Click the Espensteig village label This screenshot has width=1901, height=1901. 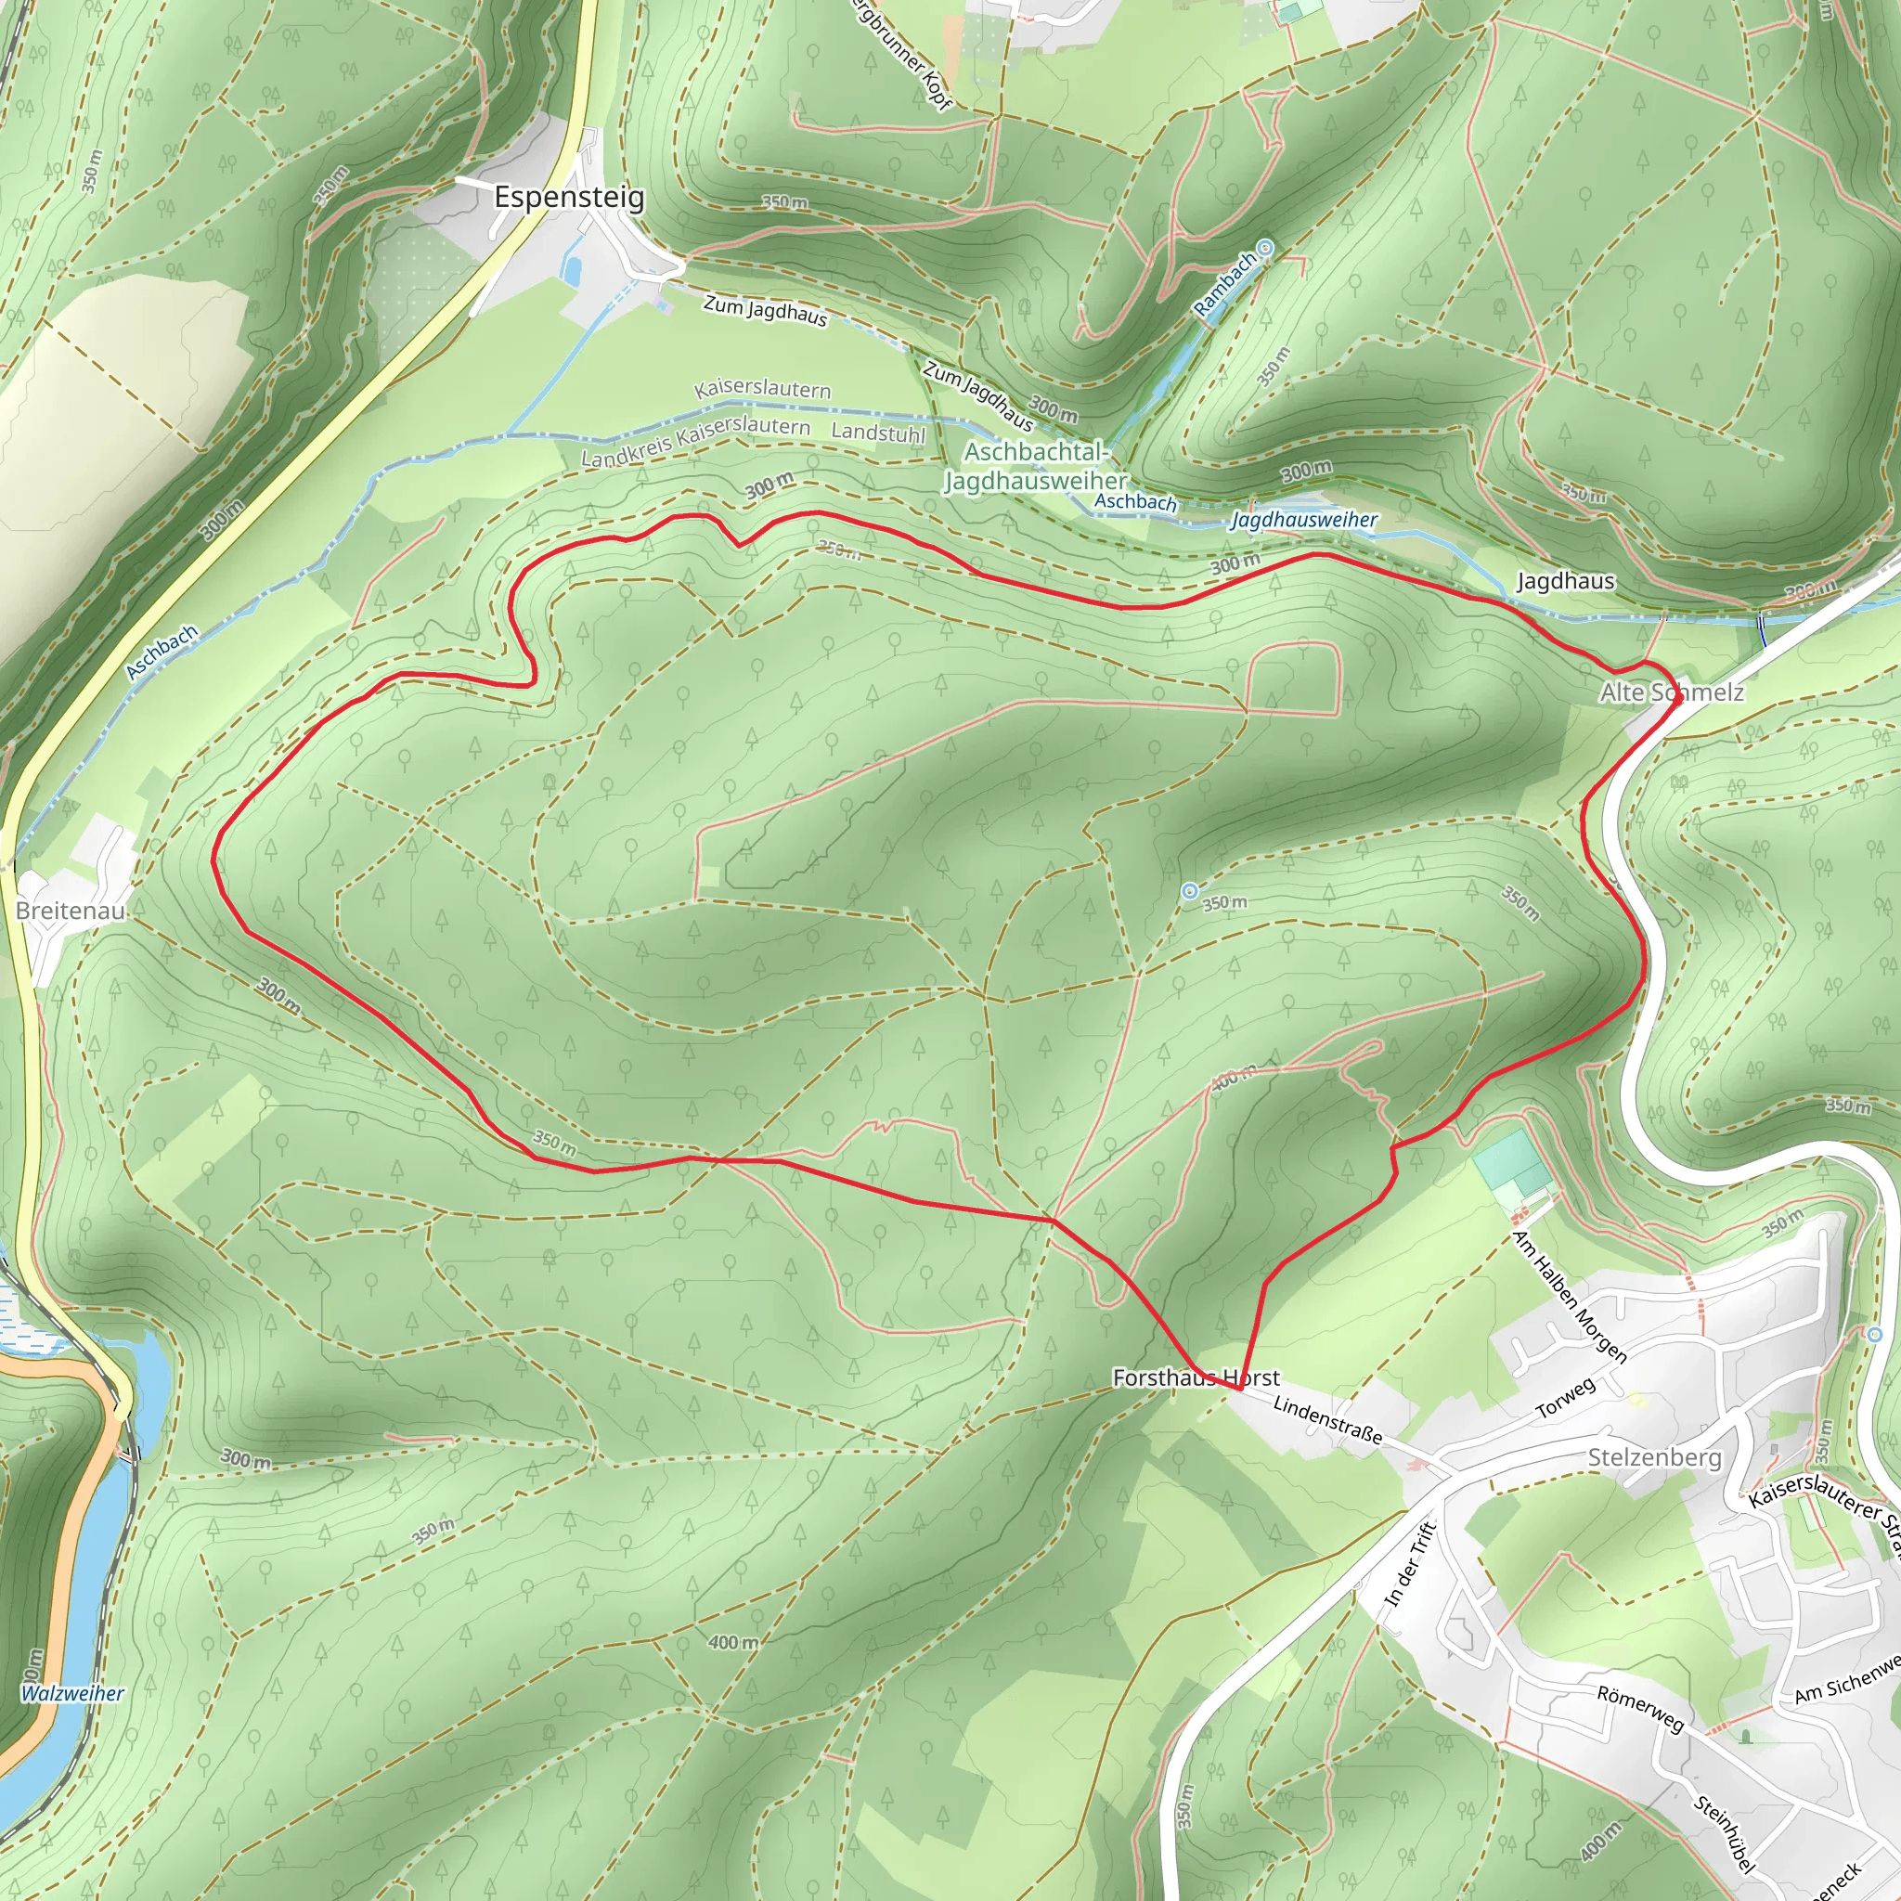click(x=569, y=197)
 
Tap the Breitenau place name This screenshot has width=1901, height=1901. click(x=70, y=911)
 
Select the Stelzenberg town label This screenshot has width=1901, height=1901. click(x=1655, y=1457)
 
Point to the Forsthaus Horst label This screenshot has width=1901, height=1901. click(x=1196, y=1377)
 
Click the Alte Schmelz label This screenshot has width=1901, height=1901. click(x=1672, y=692)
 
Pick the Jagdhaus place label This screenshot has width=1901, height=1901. click(x=1566, y=580)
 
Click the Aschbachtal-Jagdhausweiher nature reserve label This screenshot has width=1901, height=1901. click(x=1036, y=466)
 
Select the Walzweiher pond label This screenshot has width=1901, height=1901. click(x=72, y=1693)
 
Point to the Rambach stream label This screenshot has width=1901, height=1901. click(x=1225, y=284)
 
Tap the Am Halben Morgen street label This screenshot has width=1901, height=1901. click(x=1569, y=1296)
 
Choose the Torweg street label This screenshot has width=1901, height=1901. click(x=1566, y=1397)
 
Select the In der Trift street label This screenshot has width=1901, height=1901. click(x=1411, y=1564)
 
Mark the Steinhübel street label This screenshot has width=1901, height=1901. click(x=1725, y=1831)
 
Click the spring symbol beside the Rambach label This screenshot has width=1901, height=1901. click(x=1265, y=248)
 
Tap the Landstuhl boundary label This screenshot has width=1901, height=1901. click(x=878, y=432)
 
